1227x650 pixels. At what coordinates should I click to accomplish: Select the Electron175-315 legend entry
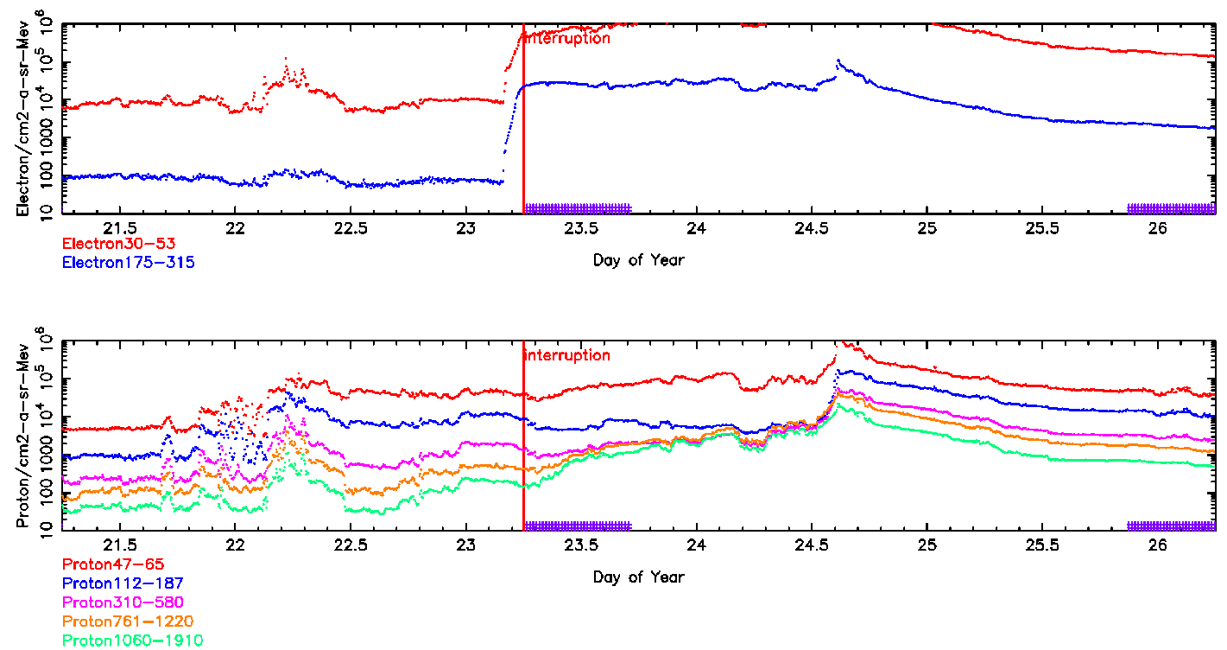[128, 262]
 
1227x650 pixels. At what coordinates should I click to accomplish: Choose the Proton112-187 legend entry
[123, 583]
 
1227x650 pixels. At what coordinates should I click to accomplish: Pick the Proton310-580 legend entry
[123, 602]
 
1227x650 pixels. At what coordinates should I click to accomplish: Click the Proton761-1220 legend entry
[128, 621]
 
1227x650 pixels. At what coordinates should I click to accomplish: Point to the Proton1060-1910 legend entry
[132, 640]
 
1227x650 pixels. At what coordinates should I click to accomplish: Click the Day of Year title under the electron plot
[638, 259]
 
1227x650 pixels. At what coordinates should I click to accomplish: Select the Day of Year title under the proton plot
[638, 577]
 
